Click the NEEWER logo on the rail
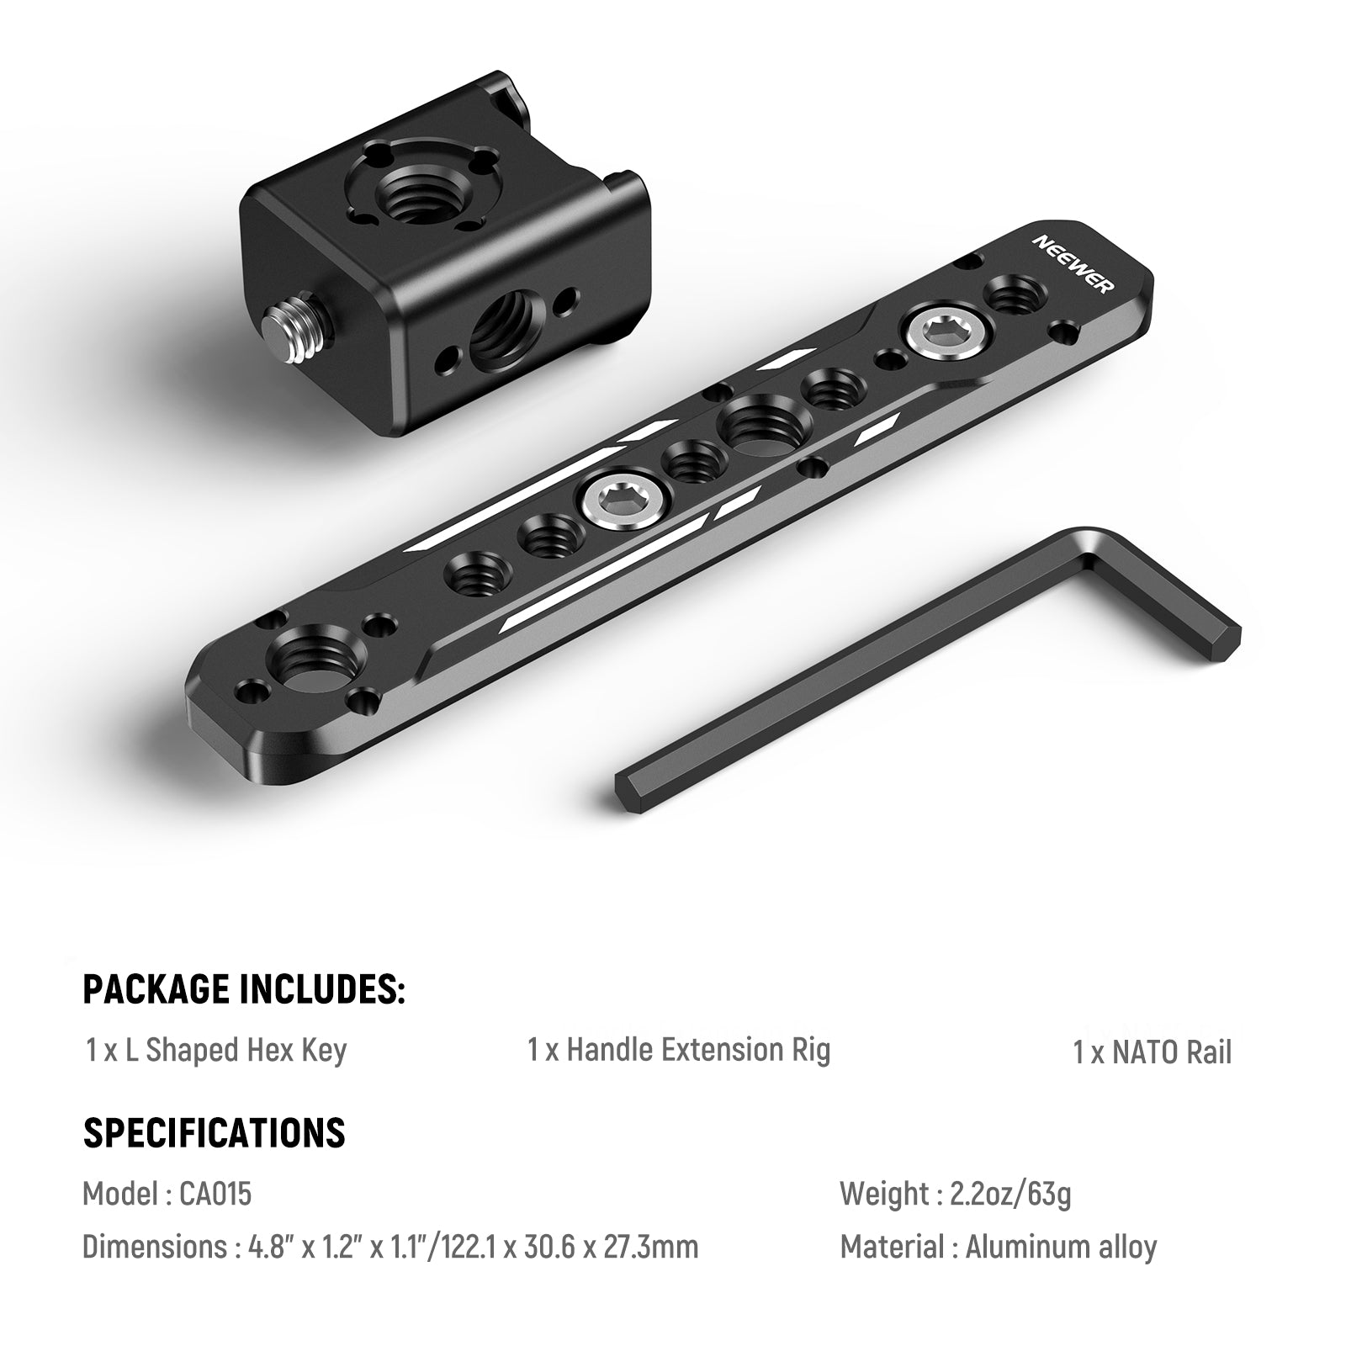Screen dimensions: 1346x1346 (x=1074, y=263)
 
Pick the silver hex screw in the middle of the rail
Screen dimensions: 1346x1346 (x=614, y=502)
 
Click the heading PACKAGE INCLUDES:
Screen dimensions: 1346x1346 (x=244, y=988)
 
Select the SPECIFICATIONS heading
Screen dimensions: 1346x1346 (x=214, y=1132)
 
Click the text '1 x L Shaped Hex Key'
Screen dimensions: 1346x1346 (x=216, y=1051)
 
